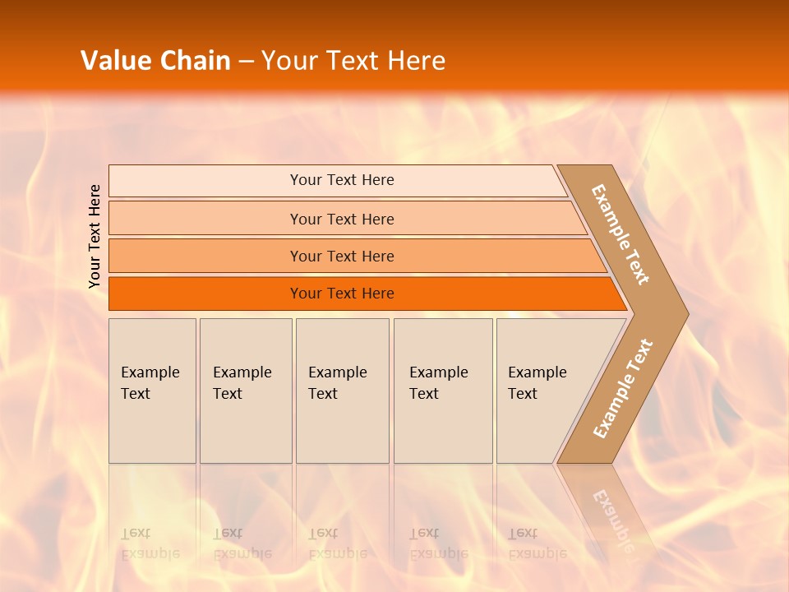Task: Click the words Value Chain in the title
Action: (155, 61)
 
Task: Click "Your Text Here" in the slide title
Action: (353, 61)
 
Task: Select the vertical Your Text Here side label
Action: (95, 236)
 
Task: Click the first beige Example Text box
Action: (152, 391)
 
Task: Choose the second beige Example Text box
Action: (246, 391)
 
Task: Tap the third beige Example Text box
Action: (342, 391)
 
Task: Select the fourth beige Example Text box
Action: (443, 391)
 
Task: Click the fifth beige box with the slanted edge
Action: (542, 391)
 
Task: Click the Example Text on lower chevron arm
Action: (622, 388)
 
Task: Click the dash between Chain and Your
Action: (246, 62)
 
